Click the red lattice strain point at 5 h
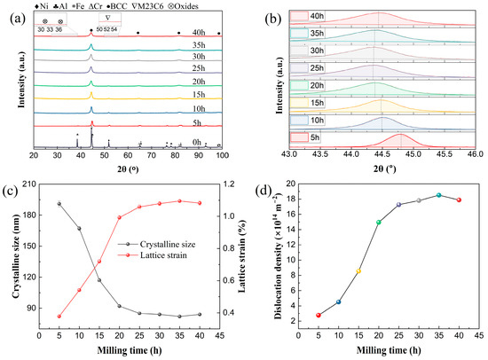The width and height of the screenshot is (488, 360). click(x=59, y=317)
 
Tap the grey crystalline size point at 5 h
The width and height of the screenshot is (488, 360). click(x=59, y=203)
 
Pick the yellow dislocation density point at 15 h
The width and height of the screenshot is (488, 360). click(x=358, y=270)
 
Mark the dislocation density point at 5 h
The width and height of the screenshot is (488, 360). click(x=319, y=315)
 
